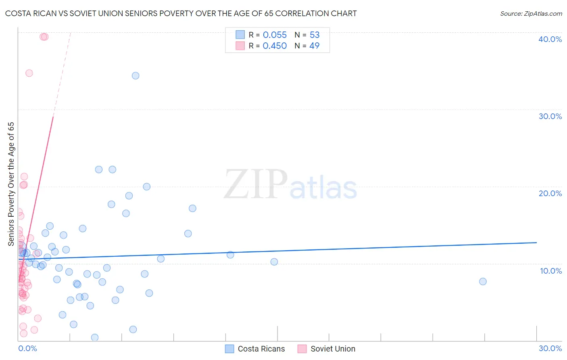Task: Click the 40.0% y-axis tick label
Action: pos(550,39)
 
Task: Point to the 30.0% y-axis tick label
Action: pos(550,116)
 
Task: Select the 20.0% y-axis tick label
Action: pos(550,193)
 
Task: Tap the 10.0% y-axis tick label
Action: pos(550,271)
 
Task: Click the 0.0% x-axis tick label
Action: pos(27,348)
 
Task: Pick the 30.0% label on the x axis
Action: pos(550,348)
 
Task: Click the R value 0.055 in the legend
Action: pos(275,35)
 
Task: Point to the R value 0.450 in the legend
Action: pos(275,46)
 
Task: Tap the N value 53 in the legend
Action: pos(315,35)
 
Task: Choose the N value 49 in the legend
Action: pos(314,46)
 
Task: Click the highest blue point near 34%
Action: pos(135,76)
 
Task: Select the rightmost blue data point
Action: pos(483,282)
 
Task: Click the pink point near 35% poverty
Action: pos(29,73)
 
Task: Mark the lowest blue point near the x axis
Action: pos(95,337)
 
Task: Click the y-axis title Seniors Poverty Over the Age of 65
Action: pos(11,184)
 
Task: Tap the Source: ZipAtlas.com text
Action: pos(531,14)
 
